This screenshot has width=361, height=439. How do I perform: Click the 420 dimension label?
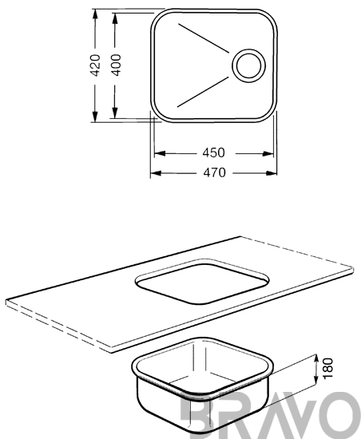click(x=95, y=65)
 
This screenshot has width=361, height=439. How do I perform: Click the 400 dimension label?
click(x=116, y=65)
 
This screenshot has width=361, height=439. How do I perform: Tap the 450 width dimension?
click(x=214, y=153)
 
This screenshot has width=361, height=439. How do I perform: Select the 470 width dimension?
click(x=214, y=172)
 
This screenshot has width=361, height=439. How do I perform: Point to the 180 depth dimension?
click(x=328, y=368)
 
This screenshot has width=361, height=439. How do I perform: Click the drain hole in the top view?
click(x=248, y=65)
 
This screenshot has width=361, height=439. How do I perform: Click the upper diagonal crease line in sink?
click(x=204, y=38)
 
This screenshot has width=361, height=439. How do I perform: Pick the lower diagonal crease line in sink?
click(x=203, y=92)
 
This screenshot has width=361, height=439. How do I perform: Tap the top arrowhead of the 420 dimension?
click(x=95, y=15)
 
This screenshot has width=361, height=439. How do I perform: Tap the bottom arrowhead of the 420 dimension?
click(x=95, y=117)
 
